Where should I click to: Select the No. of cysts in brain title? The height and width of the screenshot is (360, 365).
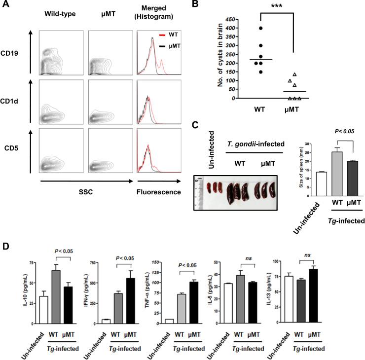[x=216, y=59]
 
